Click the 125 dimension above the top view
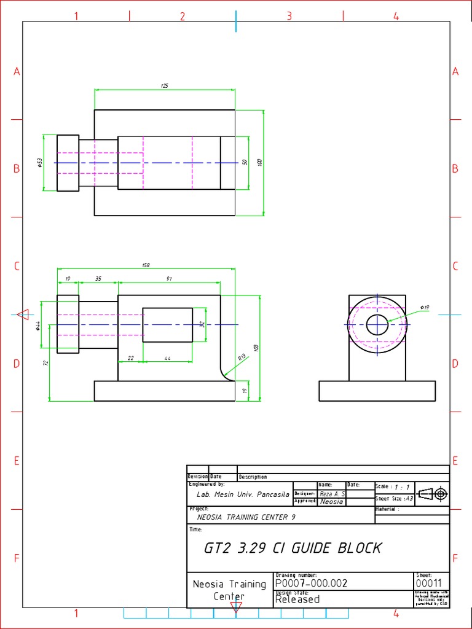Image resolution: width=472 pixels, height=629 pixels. pyautogui.click(x=164, y=86)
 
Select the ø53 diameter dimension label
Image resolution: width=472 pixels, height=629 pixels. pyautogui.click(x=39, y=162)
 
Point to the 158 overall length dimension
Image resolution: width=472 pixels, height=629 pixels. pyautogui.click(x=146, y=265)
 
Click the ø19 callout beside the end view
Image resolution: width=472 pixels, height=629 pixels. pyautogui.click(x=425, y=307)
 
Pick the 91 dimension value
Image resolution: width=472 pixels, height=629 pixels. pyautogui.click(x=169, y=278)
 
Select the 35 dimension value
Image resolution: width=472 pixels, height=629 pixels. pyautogui.click(x=98, y=278)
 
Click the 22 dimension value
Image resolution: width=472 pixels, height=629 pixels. pyautogui.click(x=130, y=358)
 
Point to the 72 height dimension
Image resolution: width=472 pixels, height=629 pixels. pyautogui.click(x=45, y=363)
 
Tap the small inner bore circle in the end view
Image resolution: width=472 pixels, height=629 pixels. pyautogui.click(x=377, y=324)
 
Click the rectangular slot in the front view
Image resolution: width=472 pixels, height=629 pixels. pyautogui.click(x=167, y=324)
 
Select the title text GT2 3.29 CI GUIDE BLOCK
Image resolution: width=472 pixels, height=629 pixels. pyautogui.click(x=293, y=548)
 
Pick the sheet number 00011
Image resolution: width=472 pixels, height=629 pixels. pyautogui.click(x=428, y=584)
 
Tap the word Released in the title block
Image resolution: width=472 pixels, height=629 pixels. pyautogui.click(x=297, y=600)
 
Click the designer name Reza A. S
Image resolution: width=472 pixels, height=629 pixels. pyautogui.click(x=332, y=494)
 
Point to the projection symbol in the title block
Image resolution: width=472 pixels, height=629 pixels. pyautogui.click(x=433, y=494)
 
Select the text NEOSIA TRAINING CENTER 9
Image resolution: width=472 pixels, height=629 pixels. pyautogui.click(x=246, y=517)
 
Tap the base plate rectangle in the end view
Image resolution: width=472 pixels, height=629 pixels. pyautogui.click(x=377, y=391)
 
